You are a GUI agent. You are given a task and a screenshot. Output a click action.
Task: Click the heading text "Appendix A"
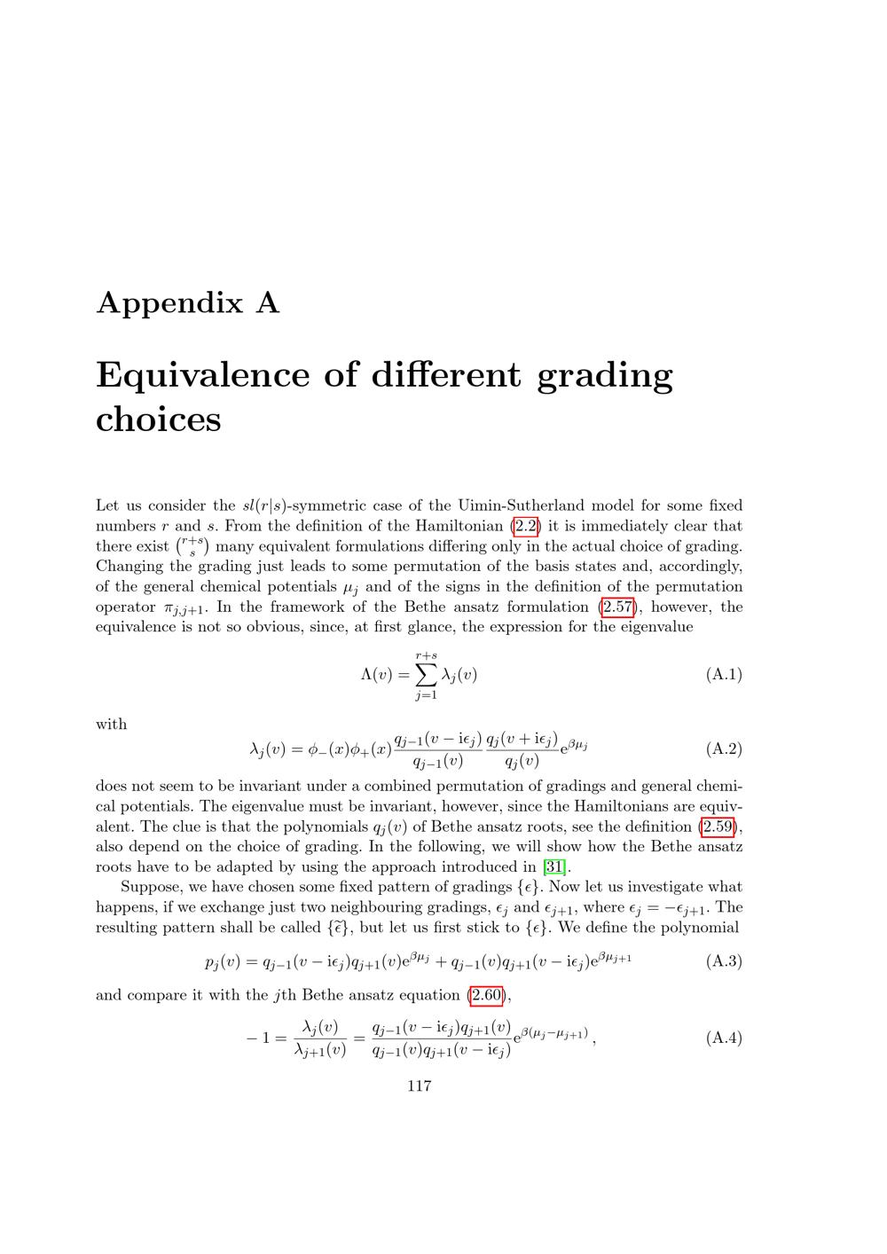click(187, 303)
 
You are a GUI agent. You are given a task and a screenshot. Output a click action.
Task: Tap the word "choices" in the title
click(158, 419)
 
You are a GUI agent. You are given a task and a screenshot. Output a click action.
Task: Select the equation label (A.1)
click(724, 675)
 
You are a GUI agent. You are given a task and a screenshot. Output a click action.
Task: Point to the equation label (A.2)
click(724, 749)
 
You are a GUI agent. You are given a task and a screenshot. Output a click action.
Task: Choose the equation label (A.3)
click(724, 961)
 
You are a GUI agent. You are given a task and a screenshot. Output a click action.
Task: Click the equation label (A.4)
click(724, 1038)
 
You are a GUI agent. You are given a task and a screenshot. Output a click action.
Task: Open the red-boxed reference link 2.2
click(526, 526)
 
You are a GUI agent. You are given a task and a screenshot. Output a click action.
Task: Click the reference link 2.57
click(619, 607)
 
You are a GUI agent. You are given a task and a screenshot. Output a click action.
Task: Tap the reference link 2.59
click(719, 827)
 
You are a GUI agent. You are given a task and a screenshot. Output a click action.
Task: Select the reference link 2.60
click(486, 995)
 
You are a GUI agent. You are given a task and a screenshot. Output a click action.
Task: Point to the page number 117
click(419, 1086)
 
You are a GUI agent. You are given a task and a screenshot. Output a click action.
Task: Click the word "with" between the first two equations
click(111, 725)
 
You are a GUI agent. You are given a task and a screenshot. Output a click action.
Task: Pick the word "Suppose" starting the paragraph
click(151, 887)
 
